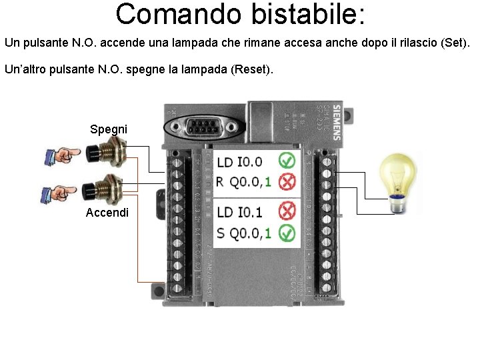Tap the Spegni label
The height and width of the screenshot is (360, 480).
(x=109, y=129)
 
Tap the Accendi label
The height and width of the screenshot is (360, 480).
(x=107, y=213)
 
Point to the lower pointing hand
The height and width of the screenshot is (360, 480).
(x=60, y=193)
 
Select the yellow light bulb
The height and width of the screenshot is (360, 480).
(x=397, y=177)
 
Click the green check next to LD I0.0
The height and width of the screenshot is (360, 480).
(x=287, y=161)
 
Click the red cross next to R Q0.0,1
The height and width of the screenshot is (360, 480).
(x=287, y=181)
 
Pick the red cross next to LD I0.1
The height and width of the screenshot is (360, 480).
(x=287, y=212)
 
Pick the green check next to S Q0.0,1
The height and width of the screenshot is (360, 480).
(x=287, y=233)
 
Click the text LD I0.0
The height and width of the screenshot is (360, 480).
(x=240, y=161)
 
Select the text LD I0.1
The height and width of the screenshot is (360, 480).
(x=240, y=212)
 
